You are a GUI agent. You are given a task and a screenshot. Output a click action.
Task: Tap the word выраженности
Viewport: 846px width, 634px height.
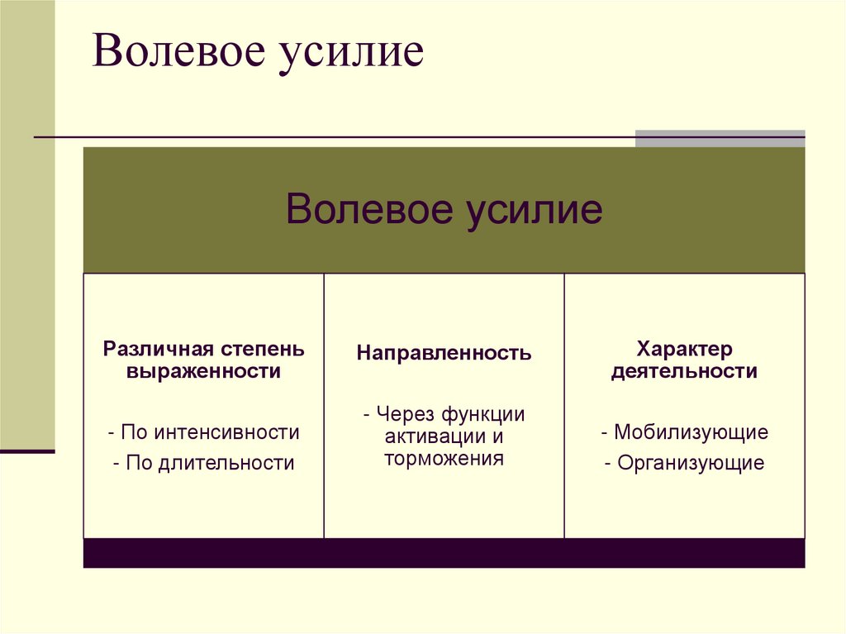click(203, 372)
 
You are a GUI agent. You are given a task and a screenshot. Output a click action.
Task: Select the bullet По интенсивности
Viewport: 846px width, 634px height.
click(203, 431)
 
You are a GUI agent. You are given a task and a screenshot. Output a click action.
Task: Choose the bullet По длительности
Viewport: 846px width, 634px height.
click(203, 463)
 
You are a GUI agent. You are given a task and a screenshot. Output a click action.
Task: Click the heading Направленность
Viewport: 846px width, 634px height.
click(444, 354)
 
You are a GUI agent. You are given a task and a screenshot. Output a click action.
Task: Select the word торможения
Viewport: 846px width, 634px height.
click(444, 459)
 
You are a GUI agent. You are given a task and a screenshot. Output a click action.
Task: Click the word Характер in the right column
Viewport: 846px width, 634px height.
click(684, 349)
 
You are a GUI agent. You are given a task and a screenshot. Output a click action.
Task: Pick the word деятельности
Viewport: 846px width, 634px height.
click(684, 372)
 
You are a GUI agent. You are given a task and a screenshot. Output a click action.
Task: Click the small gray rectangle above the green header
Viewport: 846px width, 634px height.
click(720, 138)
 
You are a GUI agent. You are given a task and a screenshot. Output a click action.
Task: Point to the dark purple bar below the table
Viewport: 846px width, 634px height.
click(444, 553)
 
